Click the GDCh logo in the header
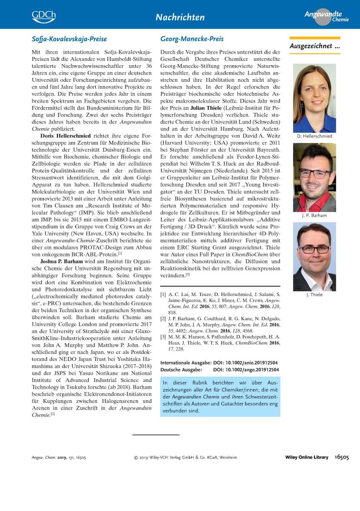click(43, 16)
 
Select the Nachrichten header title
click(180, 17)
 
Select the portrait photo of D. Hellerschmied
click(314, 98)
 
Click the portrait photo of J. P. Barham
click(314, 177)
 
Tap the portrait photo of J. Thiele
click(314, 256)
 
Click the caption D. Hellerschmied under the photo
click(314, 136)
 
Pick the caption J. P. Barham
click(314, 215)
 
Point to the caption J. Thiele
click(314, 295)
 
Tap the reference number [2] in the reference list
click(163, 319)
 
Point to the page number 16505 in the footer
click(342, 457)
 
